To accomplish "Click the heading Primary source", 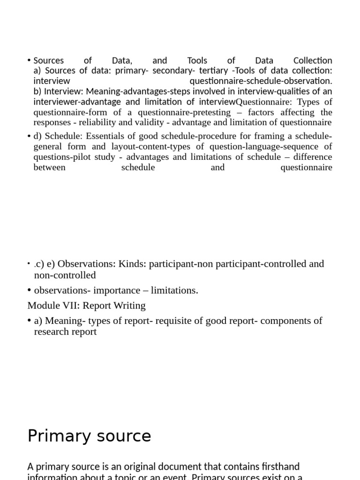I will click(x=89, y=436).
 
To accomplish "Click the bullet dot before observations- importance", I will click(x=30, y=291).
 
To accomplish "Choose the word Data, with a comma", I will click(x=122, y=60).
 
